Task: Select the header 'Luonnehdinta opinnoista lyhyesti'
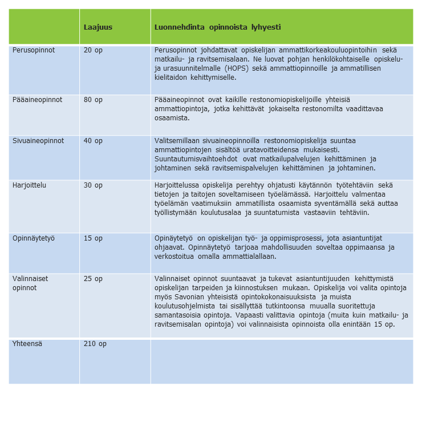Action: pyautogui.click(x=217, y=27)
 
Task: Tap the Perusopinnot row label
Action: pyautogui.click(x=34, y=50)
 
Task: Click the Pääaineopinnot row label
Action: pyautogui.click(x=37, y=99)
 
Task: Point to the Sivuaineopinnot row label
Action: pyautogui.click(x=38, y=140)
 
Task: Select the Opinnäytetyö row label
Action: pyautogui.click(x=34, y=238)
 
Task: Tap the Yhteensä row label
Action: pyautogui.click(x=27, y=344)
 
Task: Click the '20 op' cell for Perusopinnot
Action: pyautogui.click(x=93, y=50)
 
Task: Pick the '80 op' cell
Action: pyautogui.click(x=93, y=99)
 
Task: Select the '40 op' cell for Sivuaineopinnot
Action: pyautogui.click(x=93, y=140)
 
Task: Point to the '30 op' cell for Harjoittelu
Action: pyautogui.click(x=93, y=185)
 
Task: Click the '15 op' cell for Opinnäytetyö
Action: pyautogui.click(x=93, y=238)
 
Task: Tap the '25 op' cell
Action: pyautogui.click(x=93, y=279)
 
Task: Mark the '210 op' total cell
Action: pyautogui.click(x=95, y=344)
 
